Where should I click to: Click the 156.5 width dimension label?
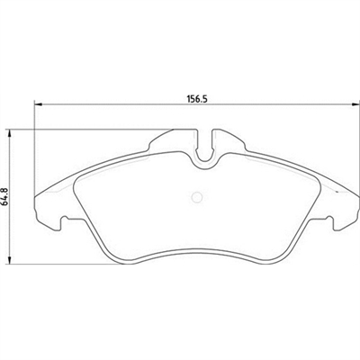click(197, 99)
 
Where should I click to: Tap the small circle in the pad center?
click(197, 197)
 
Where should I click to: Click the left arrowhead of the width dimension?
click(38, 104)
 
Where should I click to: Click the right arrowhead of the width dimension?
click(356, 104)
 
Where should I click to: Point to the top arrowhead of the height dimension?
click(11, 133)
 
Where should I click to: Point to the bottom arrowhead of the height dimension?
click(11, 261)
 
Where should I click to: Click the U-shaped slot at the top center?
click(204, 148)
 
